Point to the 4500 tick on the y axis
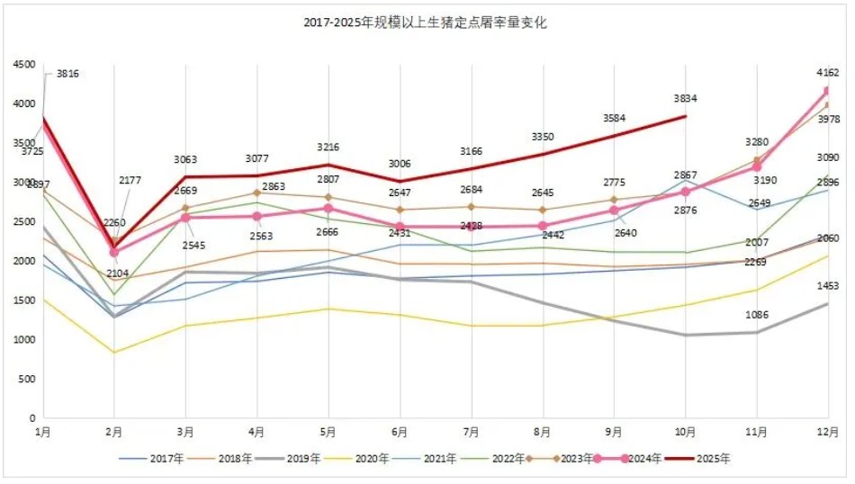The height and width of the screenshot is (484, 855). [23, 65]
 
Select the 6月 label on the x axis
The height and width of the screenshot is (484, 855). [400, 433]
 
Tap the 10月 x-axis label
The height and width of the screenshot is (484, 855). [686, 433]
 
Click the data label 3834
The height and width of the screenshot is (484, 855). [686, 99]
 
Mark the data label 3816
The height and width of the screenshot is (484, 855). [67, 74]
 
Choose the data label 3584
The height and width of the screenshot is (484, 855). [615, 118]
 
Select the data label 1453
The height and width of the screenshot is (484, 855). [827, 286]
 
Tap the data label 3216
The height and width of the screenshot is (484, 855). [328, 147]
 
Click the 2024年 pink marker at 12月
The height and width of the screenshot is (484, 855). [828, 91]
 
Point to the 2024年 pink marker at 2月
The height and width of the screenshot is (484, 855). [113, 253]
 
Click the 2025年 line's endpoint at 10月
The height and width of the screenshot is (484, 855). [686, 116]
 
